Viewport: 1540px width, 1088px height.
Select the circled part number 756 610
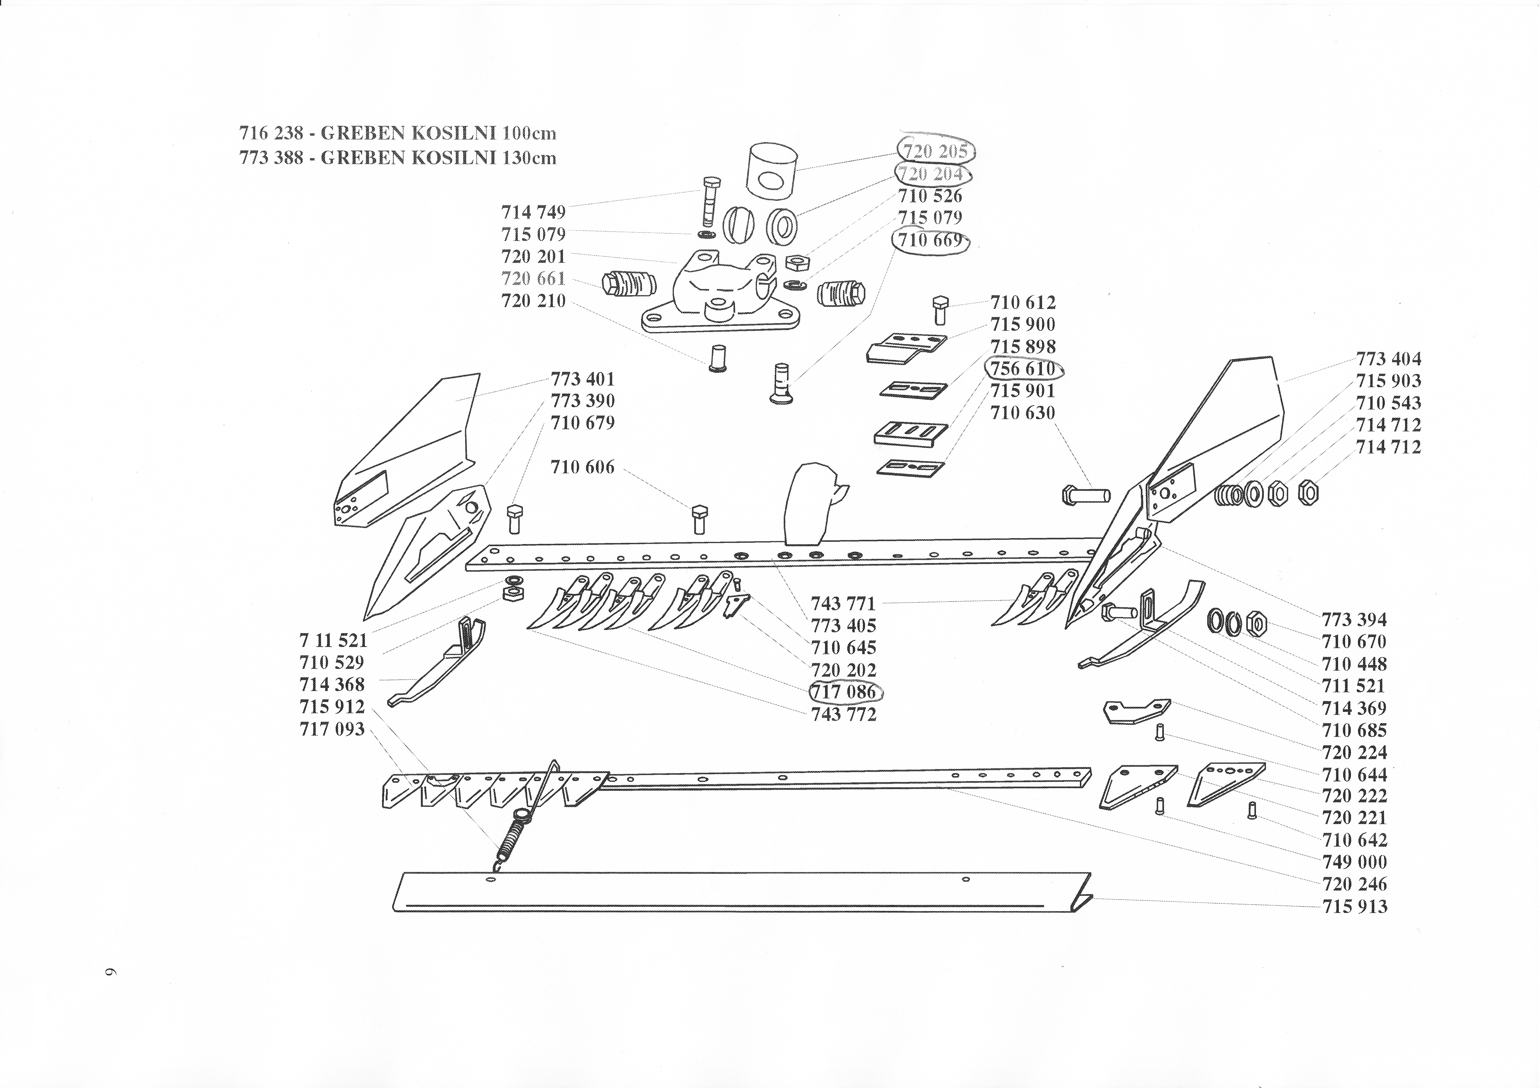click(x=1023, y=369)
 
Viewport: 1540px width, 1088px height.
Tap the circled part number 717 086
click(x=844, y=692)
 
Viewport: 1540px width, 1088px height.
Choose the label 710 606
click(x=582, y=467)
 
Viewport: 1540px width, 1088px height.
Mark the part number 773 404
click(x=1388, y=359)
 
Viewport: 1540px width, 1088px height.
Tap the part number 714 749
click(x=533, y=212)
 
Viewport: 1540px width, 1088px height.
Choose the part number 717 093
click(x=332, y=729)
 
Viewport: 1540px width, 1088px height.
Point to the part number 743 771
click(x=843, y=603)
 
